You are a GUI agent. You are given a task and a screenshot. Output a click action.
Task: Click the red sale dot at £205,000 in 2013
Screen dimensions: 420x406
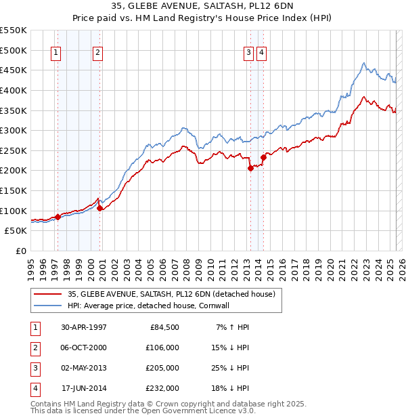pos(250,169)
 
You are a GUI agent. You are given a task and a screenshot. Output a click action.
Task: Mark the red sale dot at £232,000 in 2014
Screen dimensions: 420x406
pos(263,158)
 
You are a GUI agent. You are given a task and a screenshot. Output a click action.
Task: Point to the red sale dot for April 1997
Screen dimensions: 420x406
pos(58,217)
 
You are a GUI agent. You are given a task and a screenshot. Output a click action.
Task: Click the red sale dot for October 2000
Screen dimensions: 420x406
pos(99,208)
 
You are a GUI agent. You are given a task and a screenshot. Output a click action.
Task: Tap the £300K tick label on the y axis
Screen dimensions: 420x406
pos(14,130)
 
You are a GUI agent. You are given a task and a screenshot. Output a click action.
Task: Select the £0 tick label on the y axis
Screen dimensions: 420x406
pos(21,251)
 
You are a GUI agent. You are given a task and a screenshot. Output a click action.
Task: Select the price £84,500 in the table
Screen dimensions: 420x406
pos(162,327)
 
